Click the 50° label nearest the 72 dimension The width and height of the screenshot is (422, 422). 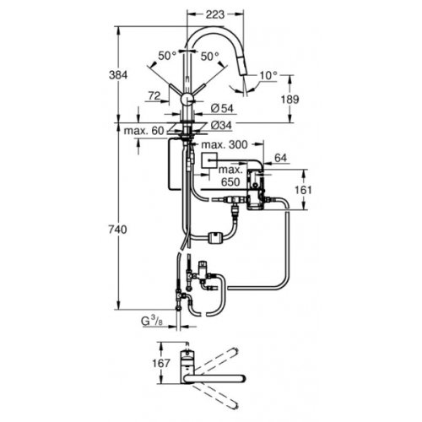(166, 55)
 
